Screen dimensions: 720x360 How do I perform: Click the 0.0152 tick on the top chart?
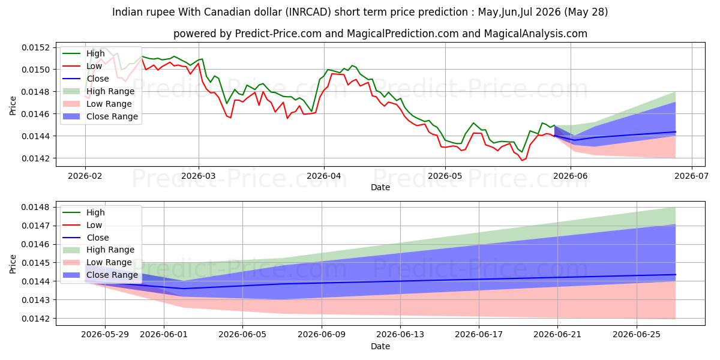click(35, 47)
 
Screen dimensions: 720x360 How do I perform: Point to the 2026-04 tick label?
click(324, 176)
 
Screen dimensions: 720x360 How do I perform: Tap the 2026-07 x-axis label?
click(691, 176)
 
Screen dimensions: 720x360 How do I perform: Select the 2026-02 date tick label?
click(85, 176)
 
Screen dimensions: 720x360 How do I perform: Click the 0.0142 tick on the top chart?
click(35, 158)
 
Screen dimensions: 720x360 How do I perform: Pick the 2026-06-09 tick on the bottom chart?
click(322, 335)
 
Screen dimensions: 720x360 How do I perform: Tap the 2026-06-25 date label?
click(637, 335)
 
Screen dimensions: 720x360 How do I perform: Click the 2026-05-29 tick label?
click(105, 335)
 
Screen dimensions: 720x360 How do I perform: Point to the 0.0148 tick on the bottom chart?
click(35, 208)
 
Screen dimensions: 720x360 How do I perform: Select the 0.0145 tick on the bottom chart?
click(35, 263)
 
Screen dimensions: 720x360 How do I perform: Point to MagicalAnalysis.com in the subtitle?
click(535, 34)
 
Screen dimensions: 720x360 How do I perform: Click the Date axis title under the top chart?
click(380, 187)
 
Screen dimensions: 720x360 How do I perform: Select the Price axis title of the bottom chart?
click(13, 264)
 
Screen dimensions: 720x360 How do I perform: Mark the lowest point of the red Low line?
click(522, 160)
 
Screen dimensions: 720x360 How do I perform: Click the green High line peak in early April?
click(352, 65)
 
